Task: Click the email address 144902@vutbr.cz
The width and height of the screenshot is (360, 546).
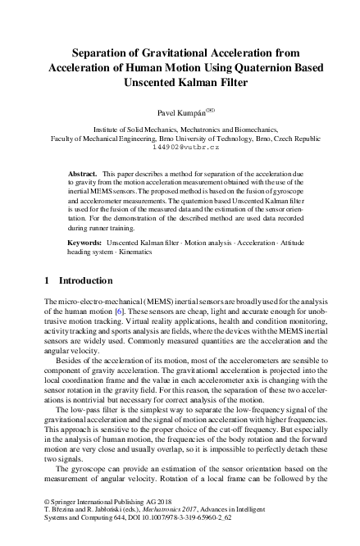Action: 180,148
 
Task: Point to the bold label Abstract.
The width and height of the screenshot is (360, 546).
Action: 82,175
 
